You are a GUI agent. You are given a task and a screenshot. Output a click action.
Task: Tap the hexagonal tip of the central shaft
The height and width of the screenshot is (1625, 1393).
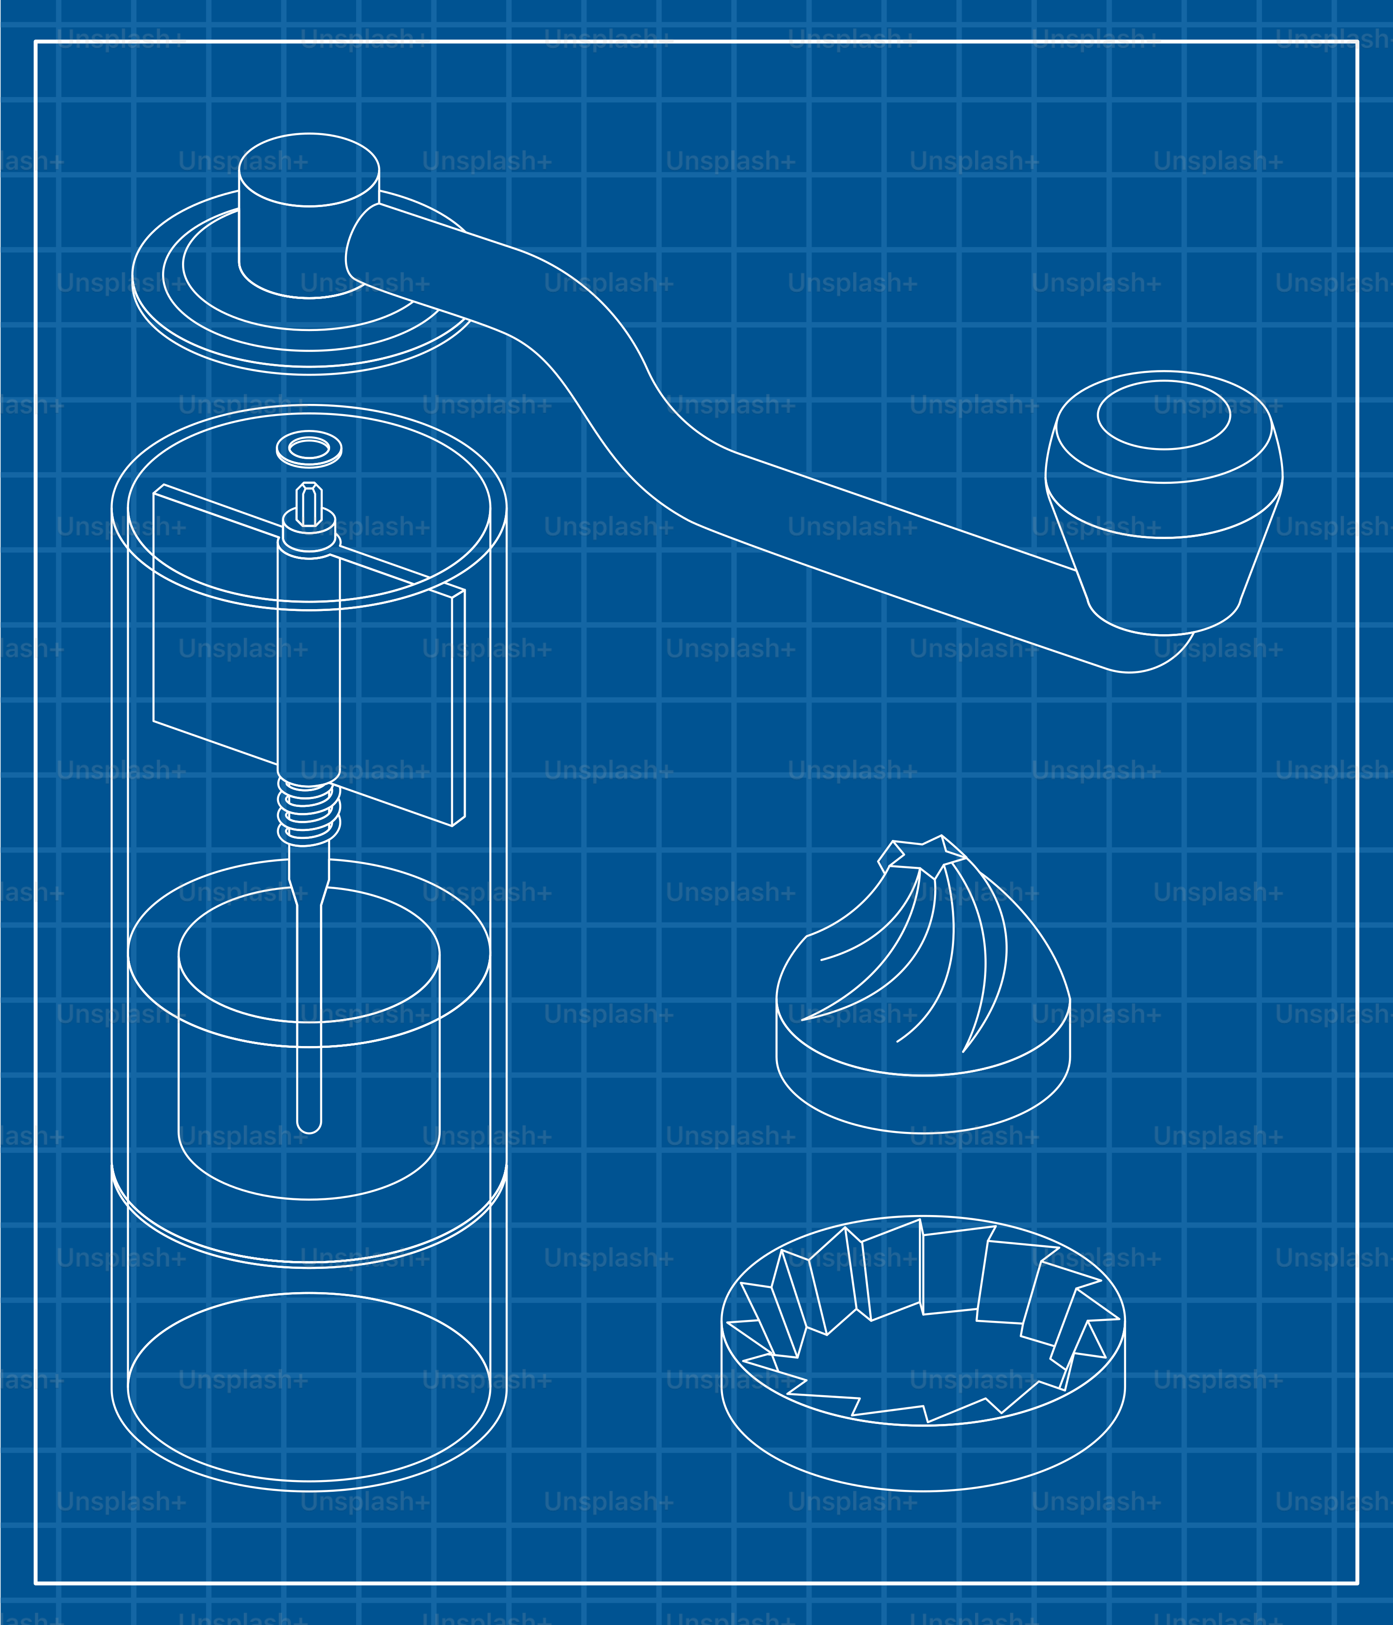[x=309, y=503]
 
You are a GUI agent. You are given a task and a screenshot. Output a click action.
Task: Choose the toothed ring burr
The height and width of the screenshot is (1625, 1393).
[x=923, y=1353]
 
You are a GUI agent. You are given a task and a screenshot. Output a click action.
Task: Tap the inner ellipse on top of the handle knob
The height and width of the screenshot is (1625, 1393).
[x=1164, y=415]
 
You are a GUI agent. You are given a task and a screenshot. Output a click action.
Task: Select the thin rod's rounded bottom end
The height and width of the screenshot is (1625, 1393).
[x=309, y=1125]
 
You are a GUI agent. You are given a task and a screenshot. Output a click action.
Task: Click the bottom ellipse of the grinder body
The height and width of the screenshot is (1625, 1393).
[x=309, y=1388]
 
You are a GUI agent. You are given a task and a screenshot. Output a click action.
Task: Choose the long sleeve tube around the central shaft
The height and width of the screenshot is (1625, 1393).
[x=309, y=667]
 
